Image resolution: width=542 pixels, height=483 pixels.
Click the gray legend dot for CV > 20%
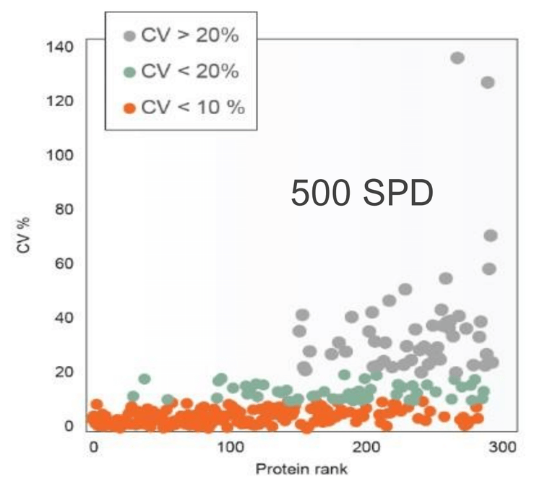coord(129,35)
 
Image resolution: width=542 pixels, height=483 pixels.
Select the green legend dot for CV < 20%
coord(129,72)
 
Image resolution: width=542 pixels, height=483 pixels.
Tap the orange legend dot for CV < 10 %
coord(129,109)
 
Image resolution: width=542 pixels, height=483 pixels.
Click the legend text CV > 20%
coord(189,35)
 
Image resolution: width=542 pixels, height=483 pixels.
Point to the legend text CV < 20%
coord(189,72)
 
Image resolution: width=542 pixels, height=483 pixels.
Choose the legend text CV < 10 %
coord(192,108)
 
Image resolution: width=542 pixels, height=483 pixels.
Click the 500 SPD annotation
coord(361,193)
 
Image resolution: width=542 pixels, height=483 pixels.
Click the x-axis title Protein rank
coord(300,469)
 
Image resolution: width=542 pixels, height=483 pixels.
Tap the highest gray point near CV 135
coord(457,58)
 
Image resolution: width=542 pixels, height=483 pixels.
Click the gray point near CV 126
coord(488,82)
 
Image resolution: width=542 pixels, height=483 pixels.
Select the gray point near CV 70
coord(491,235)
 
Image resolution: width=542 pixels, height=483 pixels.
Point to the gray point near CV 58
coord(489,269)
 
